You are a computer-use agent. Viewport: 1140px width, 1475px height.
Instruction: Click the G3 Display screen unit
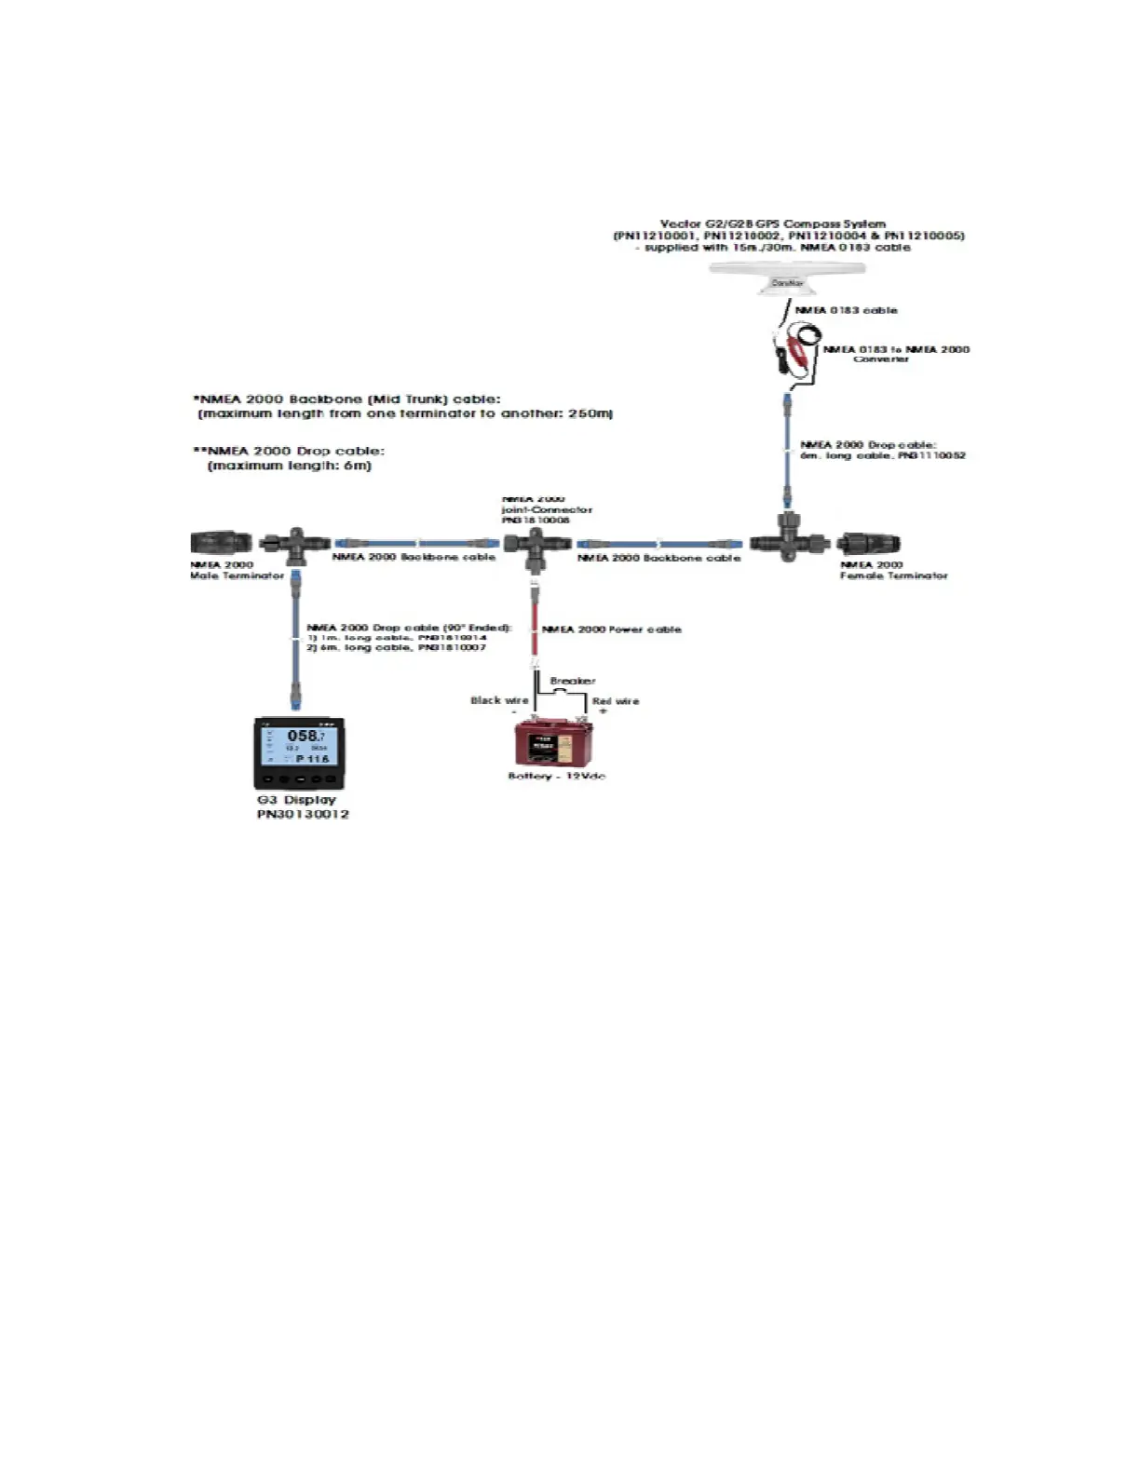pos(296,753)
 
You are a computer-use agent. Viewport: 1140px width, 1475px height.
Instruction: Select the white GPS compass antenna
pos(787,277)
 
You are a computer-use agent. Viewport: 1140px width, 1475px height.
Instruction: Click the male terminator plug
pos(221,542)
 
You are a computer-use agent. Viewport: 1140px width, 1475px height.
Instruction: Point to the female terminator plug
pos(868,543)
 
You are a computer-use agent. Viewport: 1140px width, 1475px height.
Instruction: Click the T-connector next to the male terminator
pos(293,546)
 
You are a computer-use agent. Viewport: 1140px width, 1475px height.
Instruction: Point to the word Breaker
pos(573,681)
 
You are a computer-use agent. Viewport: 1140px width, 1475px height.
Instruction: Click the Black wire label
pos(499,700)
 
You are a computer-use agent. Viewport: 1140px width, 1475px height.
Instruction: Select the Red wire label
pos(616,701)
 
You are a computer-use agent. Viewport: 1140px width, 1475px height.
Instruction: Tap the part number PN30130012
pos(303,815)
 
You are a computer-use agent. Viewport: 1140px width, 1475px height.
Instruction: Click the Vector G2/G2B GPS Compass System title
pos(773,224)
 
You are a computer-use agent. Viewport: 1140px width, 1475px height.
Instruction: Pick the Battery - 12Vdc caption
pos(557,776)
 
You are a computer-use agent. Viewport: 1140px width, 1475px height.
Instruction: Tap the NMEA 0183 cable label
pos(846,310)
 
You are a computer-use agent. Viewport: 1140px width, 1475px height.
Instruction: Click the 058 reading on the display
pos(303,736)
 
